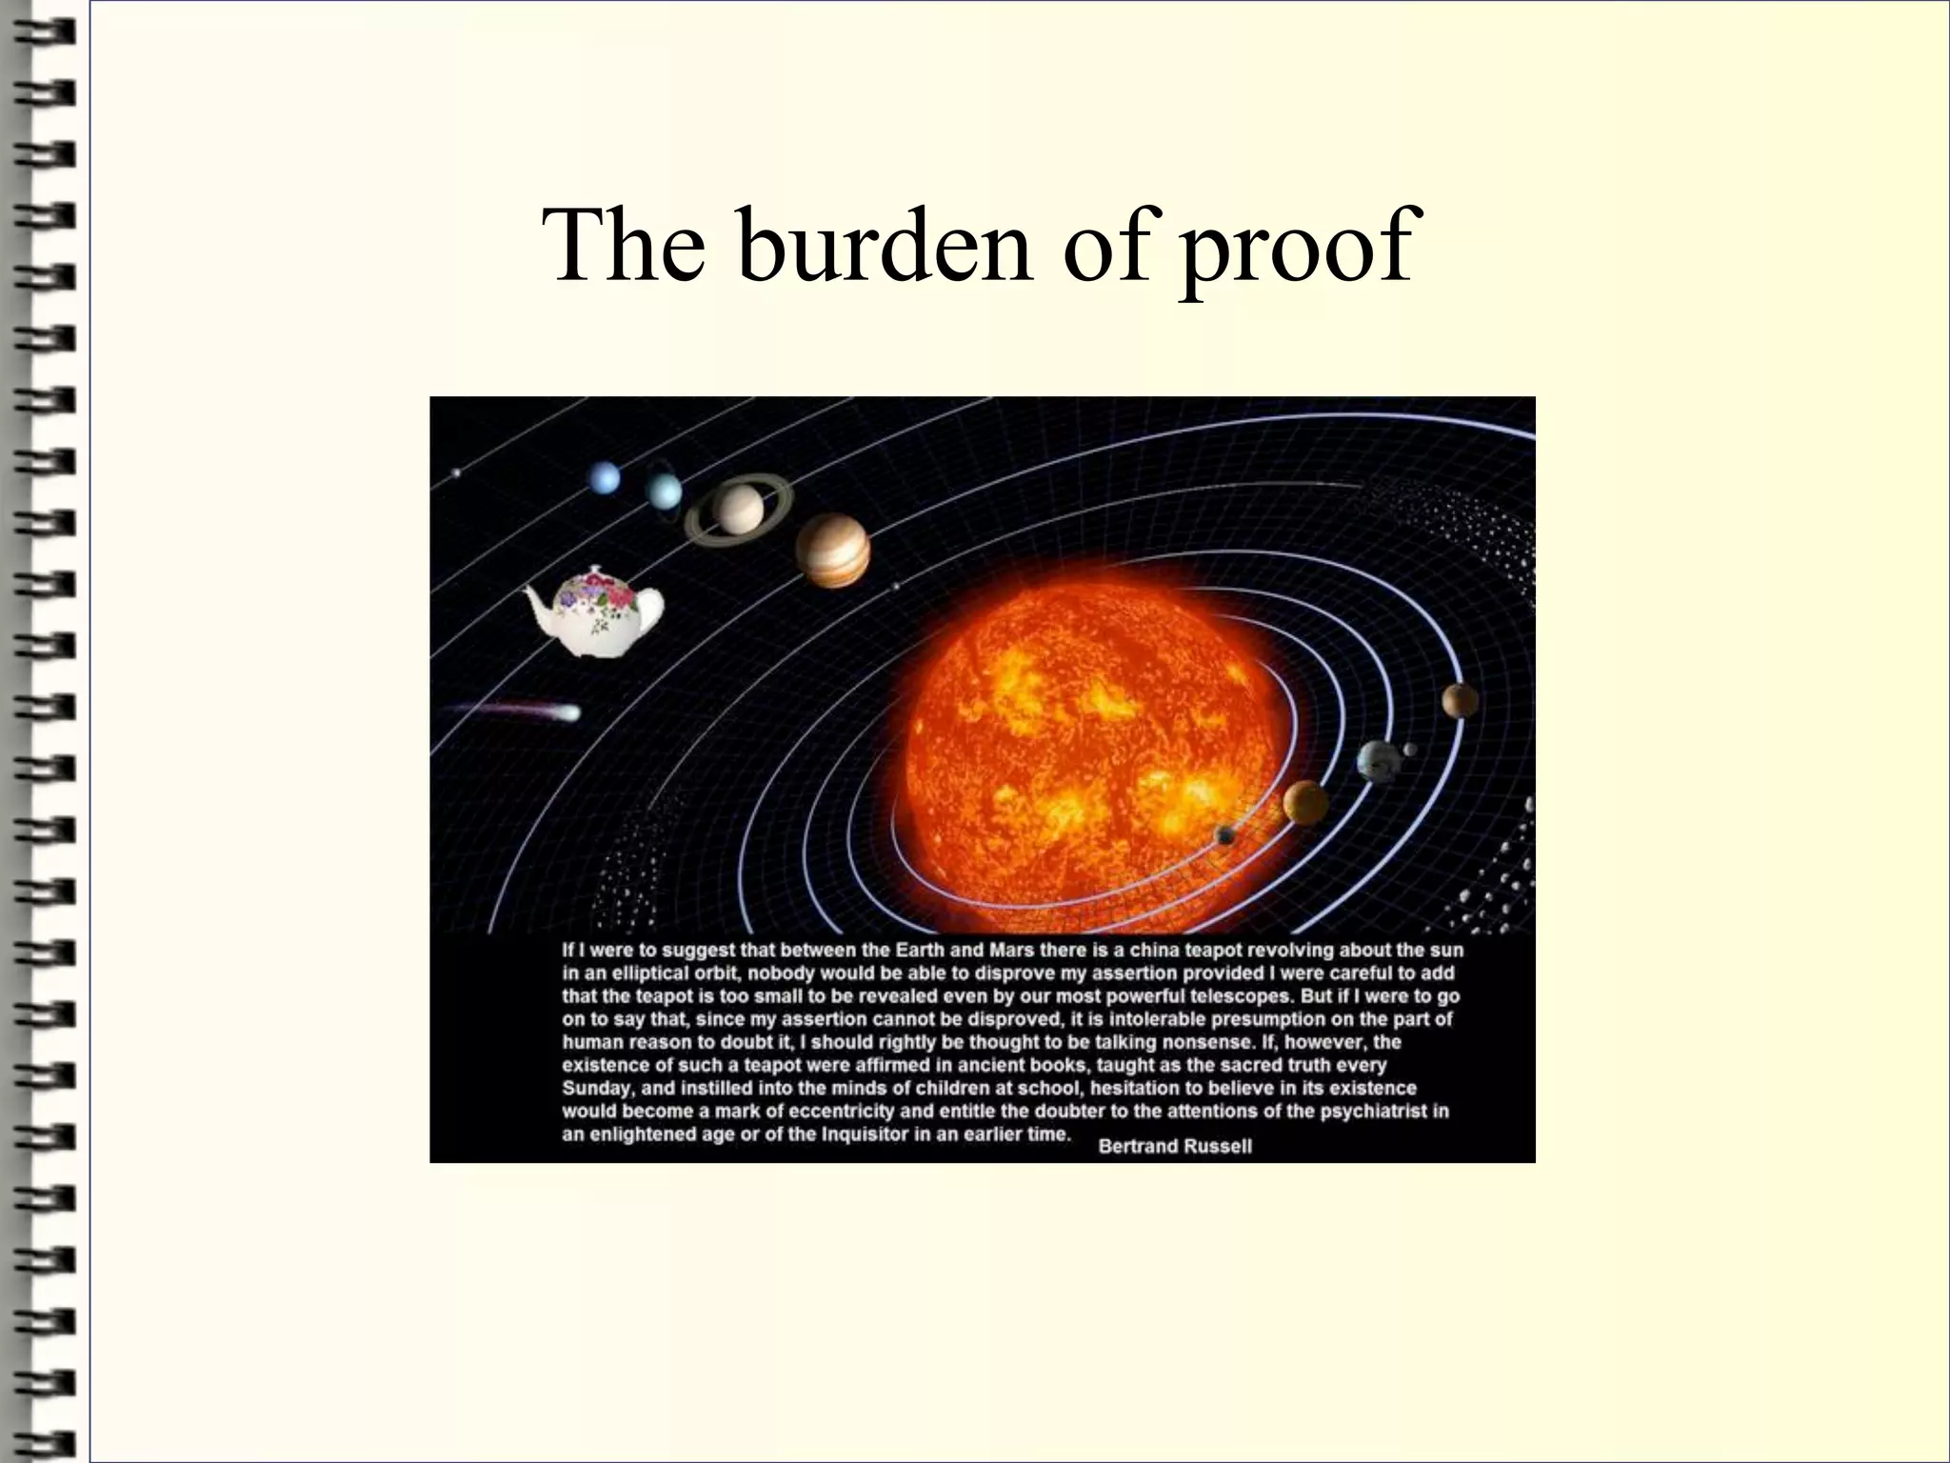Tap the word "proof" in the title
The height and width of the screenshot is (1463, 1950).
(x=1295, y=250)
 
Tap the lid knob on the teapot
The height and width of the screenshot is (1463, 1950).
(x=596, y=570)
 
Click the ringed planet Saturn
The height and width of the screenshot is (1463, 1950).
(x=739, y=509)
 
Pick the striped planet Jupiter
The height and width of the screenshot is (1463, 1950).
(x=833, y=550)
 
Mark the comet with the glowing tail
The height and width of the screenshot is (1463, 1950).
(x=567, y=711)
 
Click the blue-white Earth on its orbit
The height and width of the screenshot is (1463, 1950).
(x=1377, y=760)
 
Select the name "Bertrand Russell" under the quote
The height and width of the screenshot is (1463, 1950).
(x=1175, y=1147)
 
